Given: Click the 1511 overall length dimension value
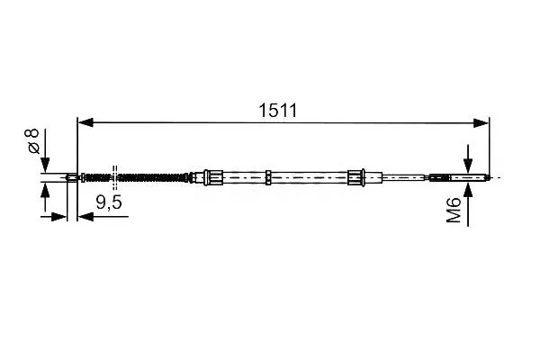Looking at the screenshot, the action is (277, 110).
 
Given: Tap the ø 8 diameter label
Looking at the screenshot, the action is (34, 141).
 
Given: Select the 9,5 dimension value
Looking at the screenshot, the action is (109, 202).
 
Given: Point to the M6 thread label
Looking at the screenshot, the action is (454, 210).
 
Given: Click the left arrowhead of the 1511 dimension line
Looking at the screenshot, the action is (85, 122).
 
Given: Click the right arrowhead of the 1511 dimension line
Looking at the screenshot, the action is (481, 122).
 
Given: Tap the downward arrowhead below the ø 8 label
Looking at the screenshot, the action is (45, 165).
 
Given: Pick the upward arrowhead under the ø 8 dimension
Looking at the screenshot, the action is (45, 191).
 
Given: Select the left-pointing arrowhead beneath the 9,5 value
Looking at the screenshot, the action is (85, 217).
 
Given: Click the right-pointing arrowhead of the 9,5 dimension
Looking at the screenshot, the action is (58, 217).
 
